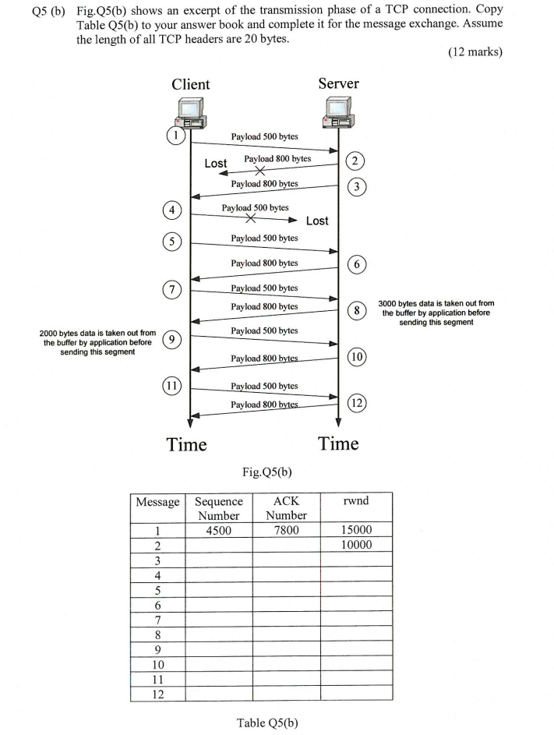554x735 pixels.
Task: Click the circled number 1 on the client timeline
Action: pyautogui.click(x=176, y=135)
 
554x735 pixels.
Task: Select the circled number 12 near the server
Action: pyautogui.click(x=356, y=403)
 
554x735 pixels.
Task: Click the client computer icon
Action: pyautogui.click(x=189, y=112)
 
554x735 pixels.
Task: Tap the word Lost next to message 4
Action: pyautogui.click(x=317, y=221)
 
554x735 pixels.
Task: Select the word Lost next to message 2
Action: pyautogui.click(x=216, y=164)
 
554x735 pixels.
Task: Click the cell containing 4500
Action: pyautogui.click(x=218, y=530)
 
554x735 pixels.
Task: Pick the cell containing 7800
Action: pyautogui.click(x=286, y=530)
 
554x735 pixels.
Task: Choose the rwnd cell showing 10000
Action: pyautogui.click(x=355, y=545)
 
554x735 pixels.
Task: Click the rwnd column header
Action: pyautogui.click(x=355, y=501)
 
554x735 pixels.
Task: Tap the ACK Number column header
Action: pyautogui.click(x=286, y=507)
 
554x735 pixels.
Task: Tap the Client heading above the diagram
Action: pyautogui.click(x=190, y=84)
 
